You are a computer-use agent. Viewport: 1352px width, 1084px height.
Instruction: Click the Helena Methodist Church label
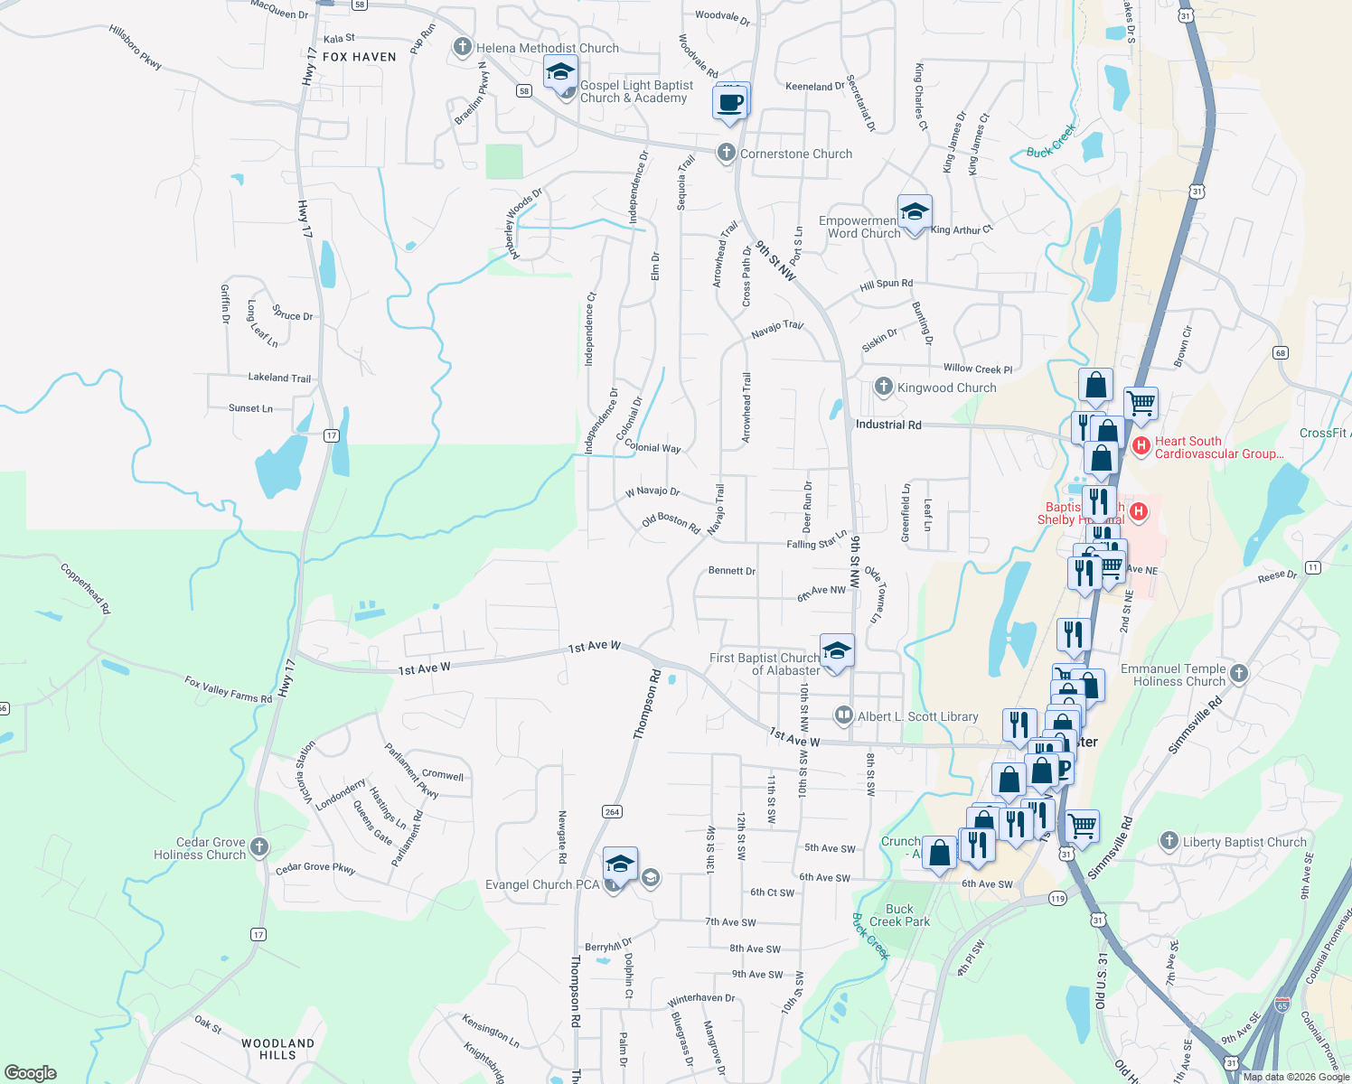pyautogui.click(x=548, y=48)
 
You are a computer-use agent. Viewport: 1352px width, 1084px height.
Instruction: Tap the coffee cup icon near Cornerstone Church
pyautogui.click(x=730, y=103)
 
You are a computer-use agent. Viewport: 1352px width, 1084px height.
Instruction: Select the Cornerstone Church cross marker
pyautogui.click(x=726, y=153)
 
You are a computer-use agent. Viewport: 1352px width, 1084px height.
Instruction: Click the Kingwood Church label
pyautogui.click(x=946, y=388)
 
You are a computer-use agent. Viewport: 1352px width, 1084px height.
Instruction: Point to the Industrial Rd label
pyautogui.click(x=888, y=425)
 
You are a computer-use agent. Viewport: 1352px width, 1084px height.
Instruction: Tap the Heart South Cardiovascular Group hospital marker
pyautogui.click(x=1141, y=445)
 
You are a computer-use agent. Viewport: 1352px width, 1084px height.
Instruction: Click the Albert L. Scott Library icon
pyautogui.click(x=843, y=715)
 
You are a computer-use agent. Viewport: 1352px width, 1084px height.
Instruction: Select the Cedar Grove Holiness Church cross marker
pyautogui.click(x=259, y=846)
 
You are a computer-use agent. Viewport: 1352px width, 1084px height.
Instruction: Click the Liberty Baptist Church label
pyautogui.click(x=1244, y=842)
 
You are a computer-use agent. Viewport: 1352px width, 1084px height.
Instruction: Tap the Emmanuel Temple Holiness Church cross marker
pyautogui.click(x=1239, y=672)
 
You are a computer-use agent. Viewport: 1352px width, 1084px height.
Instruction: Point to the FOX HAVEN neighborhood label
pyautogui.click(x=360, y=57)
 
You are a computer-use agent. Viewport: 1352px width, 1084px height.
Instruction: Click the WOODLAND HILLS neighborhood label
pyautogui.click(x=277, y=1049)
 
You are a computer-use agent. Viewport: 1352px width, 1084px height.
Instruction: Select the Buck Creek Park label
pyautogui.click(x=899, y=915)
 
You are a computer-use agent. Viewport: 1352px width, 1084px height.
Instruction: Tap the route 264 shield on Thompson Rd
pyautogui.click(x=612, y=811)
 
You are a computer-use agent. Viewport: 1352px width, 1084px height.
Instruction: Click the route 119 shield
pyautogui.click(x=1057, y=898)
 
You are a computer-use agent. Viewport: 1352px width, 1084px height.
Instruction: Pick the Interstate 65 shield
pyautogui.click(x=1282, y=1005)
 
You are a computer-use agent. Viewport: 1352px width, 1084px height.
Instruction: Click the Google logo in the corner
pyautogui.click(x=31, y=1072)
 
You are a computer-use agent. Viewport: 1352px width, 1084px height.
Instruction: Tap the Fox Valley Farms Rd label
pyautogui.click(x=228, y=689)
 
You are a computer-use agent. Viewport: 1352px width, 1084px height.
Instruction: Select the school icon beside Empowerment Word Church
pyautogui.click(x=915, y=214)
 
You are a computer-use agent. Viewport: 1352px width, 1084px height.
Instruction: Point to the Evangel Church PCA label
pyautogui.click(x=542, y=884)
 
